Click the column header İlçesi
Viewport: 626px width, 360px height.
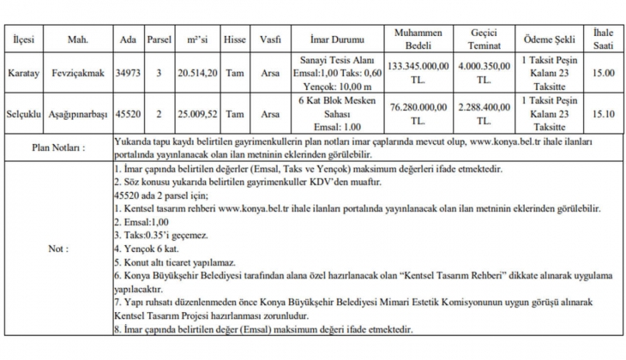click(23, 39)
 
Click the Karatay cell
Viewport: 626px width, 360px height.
click(23, 74)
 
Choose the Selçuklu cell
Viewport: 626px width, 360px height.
click(23, 112)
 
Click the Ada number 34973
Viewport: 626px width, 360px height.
click(128, 74)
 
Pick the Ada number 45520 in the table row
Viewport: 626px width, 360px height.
click(128, 112)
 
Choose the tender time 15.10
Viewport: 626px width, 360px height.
click(603, 112)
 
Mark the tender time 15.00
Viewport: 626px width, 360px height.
click(603, 74)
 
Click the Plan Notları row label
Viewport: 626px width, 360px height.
click(58, 147)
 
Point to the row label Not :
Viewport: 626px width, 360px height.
click(58, 249)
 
